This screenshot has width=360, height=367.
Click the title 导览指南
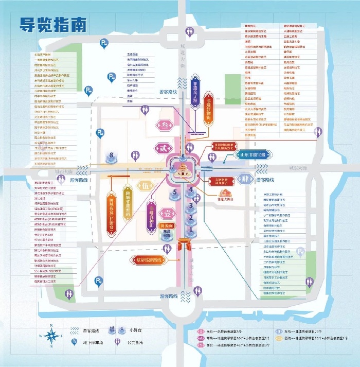pos(53,25)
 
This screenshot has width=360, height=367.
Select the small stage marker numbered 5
pos(175,194)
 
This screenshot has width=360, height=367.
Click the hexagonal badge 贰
pos(162,149)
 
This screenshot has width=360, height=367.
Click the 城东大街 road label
pos(298,168)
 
